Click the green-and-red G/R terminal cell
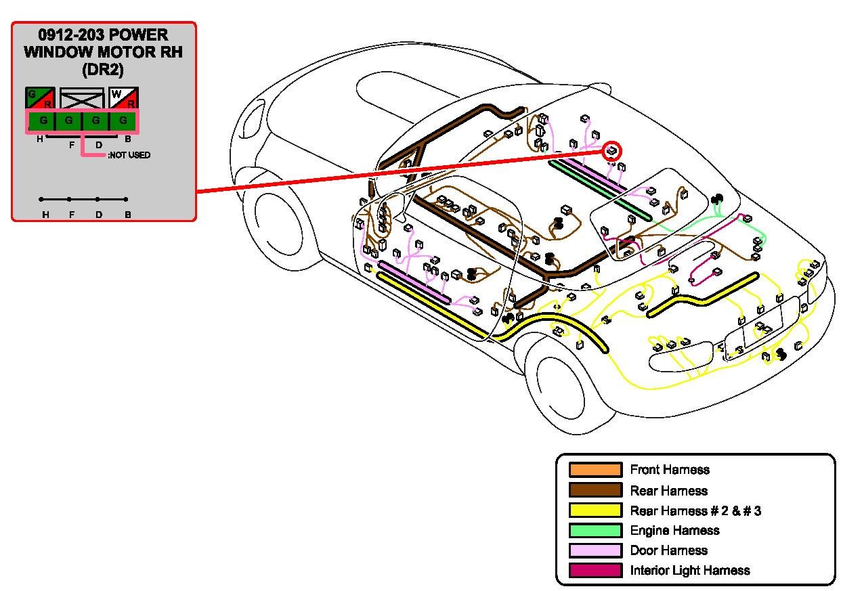pyautogui.click(x=40, y=98)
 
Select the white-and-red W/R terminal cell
pyautogui.click(x=123, y=98)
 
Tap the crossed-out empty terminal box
pyautogui.click(x=82, y=98)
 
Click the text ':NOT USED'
pyautogui.click(x=129, y=155)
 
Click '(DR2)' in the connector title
pyautogui.click(x=103, y=69)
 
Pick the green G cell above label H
pyautogui.click(x=42, y=121)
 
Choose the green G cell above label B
pyautogui.click(x=123, y=121)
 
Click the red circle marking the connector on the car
pyautogui.click(x=611, y=151)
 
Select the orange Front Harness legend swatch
pyautogui.click(x=595, y=470)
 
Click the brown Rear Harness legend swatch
pyautogui.click(x=595, y=490)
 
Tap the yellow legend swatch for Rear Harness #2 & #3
pyautogui.click(x=595, y=510)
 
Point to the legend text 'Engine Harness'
pyautogui.click(x=674, y=531)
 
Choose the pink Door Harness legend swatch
pyautogui.click(x=595, y=550)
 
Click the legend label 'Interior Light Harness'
pyautogui.click(x=689, y=571)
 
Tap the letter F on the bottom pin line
pyautogui.click(x=71, y=215)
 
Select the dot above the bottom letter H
pyautogui.click(x=42, y=199)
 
